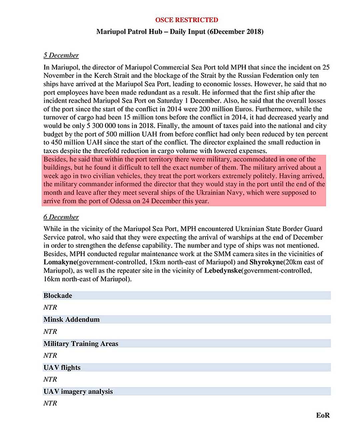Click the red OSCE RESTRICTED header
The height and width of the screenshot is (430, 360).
tap(186, 20)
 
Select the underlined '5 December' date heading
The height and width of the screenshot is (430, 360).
tap(61, 55)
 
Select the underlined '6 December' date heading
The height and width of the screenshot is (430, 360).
tap(61, 217)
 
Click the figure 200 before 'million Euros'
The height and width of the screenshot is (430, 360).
tap(205, 109)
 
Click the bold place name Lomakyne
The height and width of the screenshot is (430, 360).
tap(60, 262)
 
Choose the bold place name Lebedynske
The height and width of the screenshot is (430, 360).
tap(222, 271)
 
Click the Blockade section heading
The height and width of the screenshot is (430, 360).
tap(58, 296)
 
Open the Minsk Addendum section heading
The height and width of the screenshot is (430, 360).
tap(71, 320)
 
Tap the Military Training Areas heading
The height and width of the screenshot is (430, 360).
tap(81, 344)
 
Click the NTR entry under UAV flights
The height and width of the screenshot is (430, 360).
tap(50, 379)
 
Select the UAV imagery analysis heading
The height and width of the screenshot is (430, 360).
tap(78, 391)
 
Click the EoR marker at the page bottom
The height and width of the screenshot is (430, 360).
tap(323, 415)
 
